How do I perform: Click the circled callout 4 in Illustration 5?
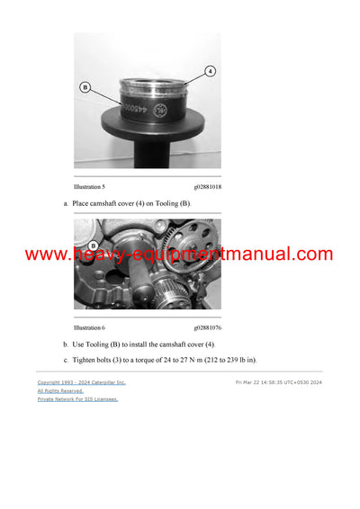click(209, 70)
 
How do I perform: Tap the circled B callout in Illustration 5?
click(85, 88)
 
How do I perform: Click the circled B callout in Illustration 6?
click(93, 245)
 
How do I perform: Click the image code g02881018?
click(207, 186)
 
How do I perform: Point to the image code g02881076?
click(207, 327)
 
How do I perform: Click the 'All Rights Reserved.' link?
click(60, 390)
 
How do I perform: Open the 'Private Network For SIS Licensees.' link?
click(77, 398)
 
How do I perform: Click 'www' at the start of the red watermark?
click(43, 254)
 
